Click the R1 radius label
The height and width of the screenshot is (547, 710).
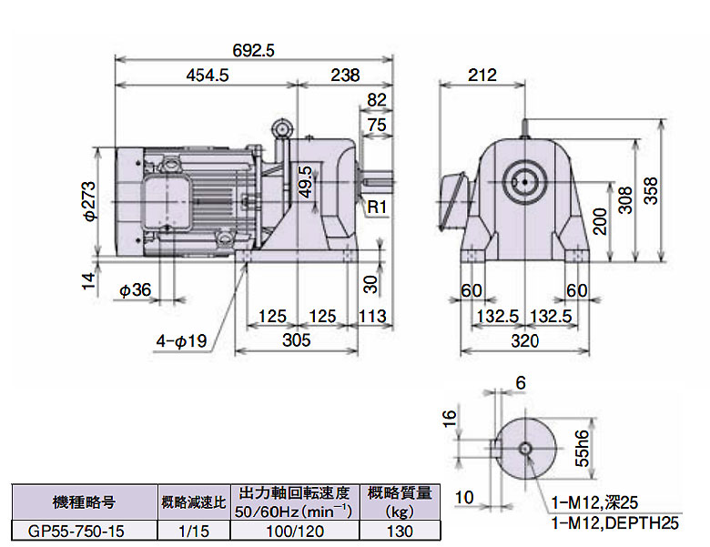point(377,208)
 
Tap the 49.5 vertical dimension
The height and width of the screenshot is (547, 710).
point(305,182)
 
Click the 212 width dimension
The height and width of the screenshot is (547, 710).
point(482,76)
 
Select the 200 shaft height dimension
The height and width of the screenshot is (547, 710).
point(599,220)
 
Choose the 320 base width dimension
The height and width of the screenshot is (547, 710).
point(524,340)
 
